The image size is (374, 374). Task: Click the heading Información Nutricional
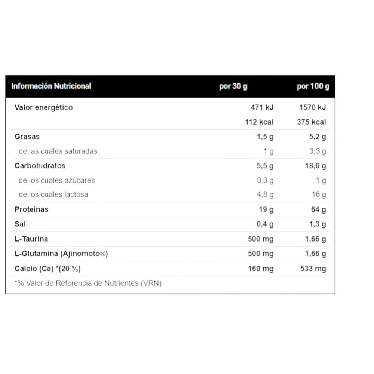(x=51, y=86)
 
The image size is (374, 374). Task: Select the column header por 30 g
(x=233, y=86)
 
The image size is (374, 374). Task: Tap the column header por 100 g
(x=313, y=86)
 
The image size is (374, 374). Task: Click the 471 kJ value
(x=262, y=107)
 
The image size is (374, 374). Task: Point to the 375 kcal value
(x=312, y=122)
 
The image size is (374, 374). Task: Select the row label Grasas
(x=27, y=137)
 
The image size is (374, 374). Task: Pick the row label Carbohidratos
(x=40, y=166)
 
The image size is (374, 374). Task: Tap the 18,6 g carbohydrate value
(x=315, y=166)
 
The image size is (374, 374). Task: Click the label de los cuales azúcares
(x=57, y=180)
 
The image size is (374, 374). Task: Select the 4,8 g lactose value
(x=265, y=194)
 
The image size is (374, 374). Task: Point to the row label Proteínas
(x=31, y=209)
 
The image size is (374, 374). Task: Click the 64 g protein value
(x=318, y=209)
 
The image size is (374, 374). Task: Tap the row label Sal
(x=20, y=224)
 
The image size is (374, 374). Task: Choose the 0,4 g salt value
(x=265, y=224)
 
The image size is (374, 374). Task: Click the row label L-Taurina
(x=31, y=239)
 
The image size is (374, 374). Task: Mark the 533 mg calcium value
(x=313, y=269)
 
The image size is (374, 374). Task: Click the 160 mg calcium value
(x=261, y=269)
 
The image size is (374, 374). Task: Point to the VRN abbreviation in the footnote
(x=151, y=283)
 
